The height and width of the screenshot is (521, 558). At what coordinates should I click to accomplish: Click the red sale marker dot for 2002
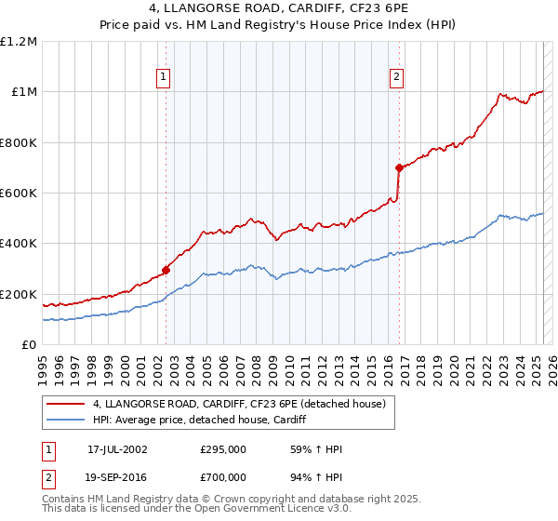pyautogui.click(x=166, y=270)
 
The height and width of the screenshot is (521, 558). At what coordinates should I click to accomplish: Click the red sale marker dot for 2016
pyautogui.click(x=399, y=167)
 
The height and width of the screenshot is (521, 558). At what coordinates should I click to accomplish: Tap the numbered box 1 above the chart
pyautogui.click(x=164, y=77)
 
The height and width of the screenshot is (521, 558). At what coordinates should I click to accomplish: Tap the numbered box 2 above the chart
pyautogui.click(x=397, y=77)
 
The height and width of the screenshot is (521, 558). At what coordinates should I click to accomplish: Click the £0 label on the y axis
pyautogui.click(x=30, y=345)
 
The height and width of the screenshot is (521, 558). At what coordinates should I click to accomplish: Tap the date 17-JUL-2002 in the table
pyautogui.click(x=117, y=448)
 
